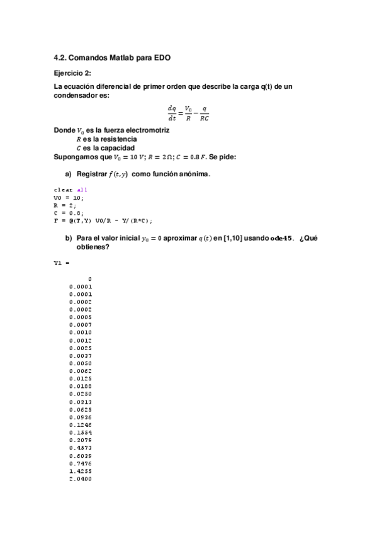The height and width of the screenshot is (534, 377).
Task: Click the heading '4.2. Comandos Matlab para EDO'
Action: click(112, 57)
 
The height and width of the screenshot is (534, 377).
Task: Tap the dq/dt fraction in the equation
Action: click(172, 112)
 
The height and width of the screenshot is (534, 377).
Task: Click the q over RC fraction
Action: click(204, 112)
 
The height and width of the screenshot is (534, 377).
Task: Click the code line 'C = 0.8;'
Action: click(67, 213)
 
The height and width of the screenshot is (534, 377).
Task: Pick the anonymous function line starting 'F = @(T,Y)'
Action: click(103, 220)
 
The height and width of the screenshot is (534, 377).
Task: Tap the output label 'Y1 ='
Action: click(62, 264)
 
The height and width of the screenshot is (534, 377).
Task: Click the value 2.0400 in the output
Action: click(81, 479)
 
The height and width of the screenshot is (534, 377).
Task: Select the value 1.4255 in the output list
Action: click(81, 470)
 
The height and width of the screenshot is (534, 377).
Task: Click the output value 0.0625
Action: click(81, 409)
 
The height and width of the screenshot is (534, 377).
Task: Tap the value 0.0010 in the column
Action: click(81, 332)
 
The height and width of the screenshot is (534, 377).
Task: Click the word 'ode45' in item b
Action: click(282, 239)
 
